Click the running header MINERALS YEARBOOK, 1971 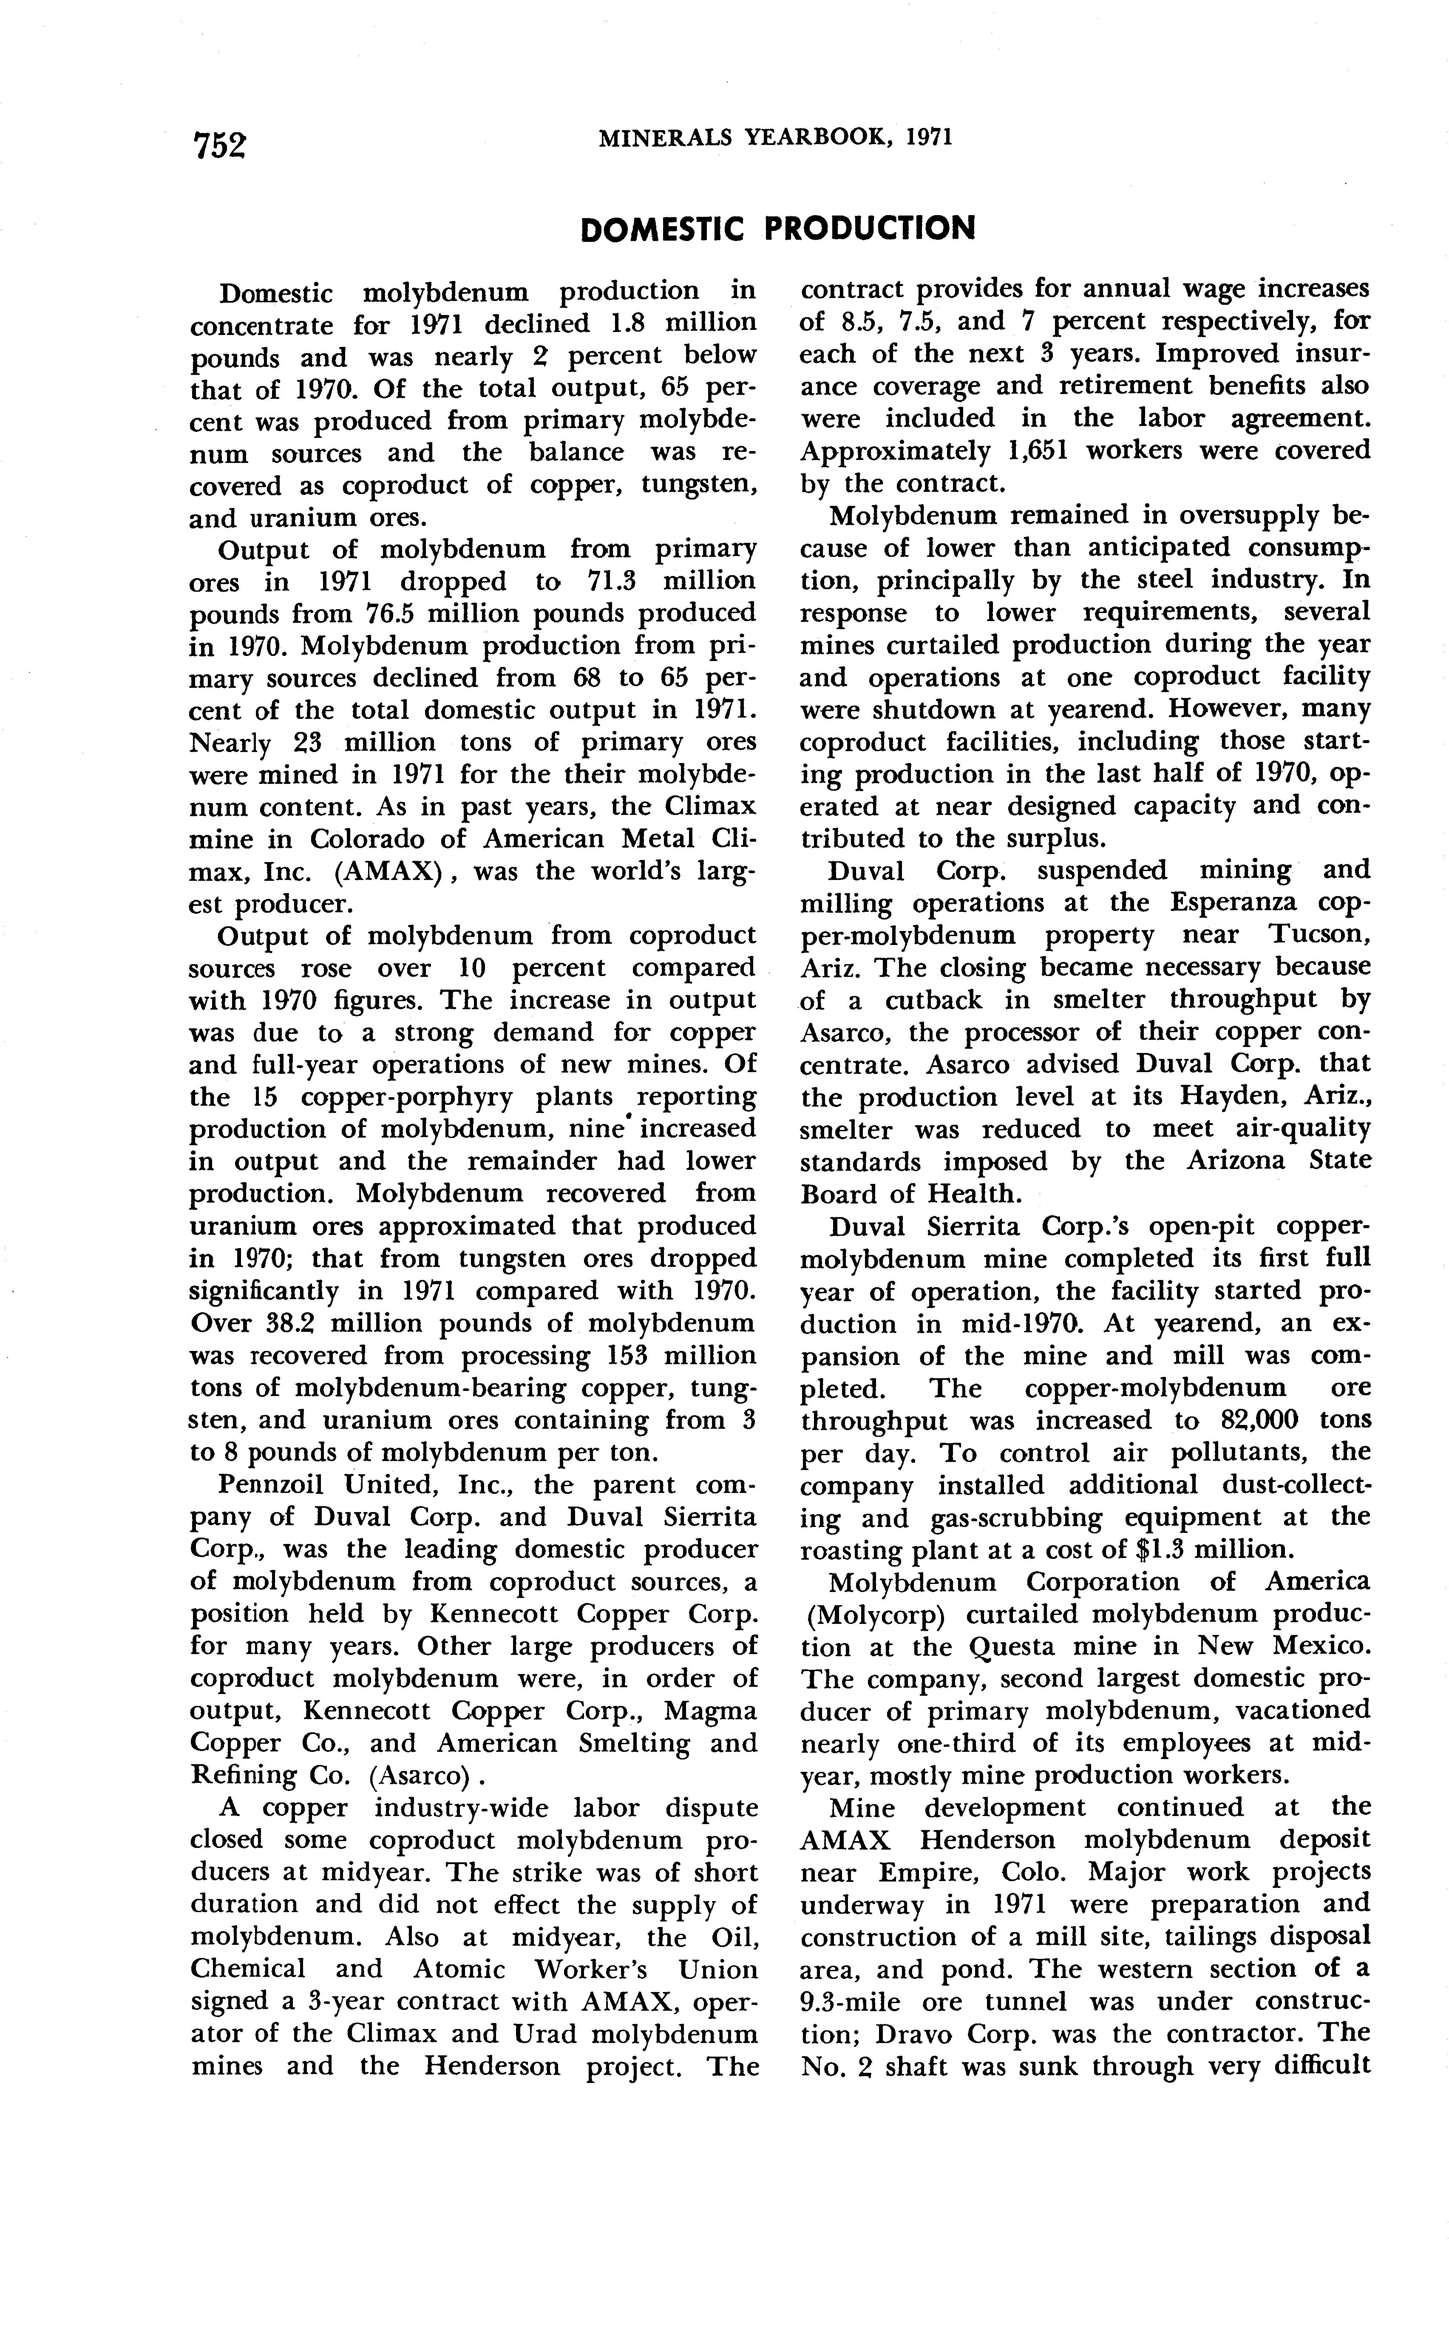pyautogui.click(x=775, y=138)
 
